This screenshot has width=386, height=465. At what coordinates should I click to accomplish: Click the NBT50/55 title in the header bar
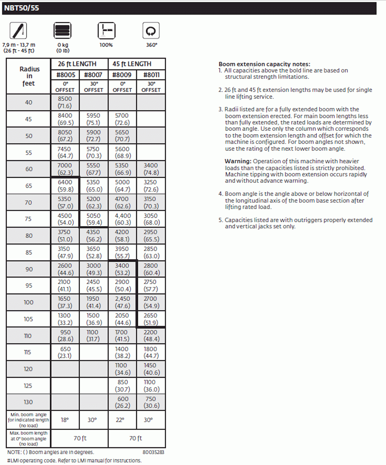pyautogui.click(x=22, y=8)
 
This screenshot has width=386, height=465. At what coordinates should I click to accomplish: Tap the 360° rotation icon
pyautogui.click(x=151, y=31)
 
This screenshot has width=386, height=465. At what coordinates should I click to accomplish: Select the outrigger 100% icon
pyautogui.click(x=106, y=31)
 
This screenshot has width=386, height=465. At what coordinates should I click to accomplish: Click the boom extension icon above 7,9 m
pyautogui.click(x=18, y=31)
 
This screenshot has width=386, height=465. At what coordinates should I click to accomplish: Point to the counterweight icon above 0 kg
pyautogui.click(x=63, y=31)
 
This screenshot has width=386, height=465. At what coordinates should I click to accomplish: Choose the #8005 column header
pyautogui.click(x=65, y=75)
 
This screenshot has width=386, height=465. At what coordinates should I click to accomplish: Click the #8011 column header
pyautogui.click(x=151, y=75)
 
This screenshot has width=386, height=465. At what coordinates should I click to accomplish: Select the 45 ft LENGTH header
pyautogui.click(x=137, y=64)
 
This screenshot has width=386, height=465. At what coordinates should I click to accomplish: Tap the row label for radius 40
pyautogui.click(x=29, y=102)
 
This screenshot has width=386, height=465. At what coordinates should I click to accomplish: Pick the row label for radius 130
pyautogui.click(x=29, y=402)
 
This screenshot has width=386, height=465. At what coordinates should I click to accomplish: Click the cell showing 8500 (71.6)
pyautogui.click(x=65, y=102)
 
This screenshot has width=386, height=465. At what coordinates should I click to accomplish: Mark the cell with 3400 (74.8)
pyautogui.click(x=151, y=169)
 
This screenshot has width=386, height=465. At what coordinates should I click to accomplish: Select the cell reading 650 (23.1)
pyautogui.click(x=65, y=352)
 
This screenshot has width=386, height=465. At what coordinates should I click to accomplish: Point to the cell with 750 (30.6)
pyautogui.click(x=151, y=402)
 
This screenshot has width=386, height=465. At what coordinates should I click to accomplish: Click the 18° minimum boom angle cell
pyautogui.click(x=65, y=419)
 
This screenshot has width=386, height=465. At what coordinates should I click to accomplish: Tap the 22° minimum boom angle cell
pyautogui.click(x=122, y=419)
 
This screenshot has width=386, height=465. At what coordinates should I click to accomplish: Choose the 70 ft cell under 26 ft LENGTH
pyautogui.click(x=80, y=438)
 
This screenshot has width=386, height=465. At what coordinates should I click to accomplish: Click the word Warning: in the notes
pyautogui.click(x=238, y=161)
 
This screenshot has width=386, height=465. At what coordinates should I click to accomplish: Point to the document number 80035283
pyautogui.click(x=153, y=452)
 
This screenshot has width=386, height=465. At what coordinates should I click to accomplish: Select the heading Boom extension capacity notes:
pyautogui.click(x=264, y=64)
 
